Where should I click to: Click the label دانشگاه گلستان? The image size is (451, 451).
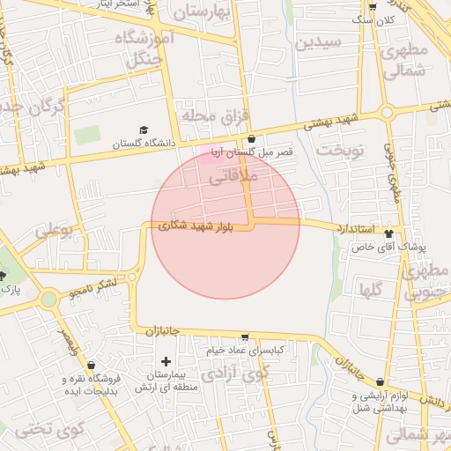(x=144, y=143)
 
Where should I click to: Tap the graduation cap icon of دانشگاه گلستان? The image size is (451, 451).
(x=144, y=129)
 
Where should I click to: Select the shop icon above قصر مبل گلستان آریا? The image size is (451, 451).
(x=252, y=138)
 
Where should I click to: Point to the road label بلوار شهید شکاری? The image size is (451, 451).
(x=196, y=226)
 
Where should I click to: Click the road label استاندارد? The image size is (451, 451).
(x=356, y=229)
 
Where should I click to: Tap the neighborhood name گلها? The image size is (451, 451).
(x=371, y=289)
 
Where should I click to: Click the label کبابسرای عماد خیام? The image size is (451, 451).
(x=244, y=350)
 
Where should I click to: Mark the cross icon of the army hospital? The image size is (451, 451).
(x=166, y=361)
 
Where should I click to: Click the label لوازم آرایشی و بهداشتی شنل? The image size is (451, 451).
(x=380, y=401)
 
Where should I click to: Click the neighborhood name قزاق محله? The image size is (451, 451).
(x=216, y=115)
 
